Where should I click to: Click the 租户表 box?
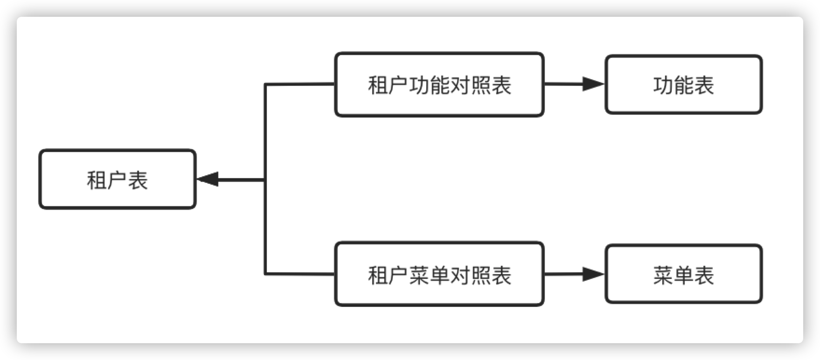coord(117,179)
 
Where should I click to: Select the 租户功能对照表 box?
coord(439,84)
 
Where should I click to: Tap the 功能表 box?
coord(683,84)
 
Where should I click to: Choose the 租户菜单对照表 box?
coord(439,274)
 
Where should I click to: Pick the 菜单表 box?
coord(683,274)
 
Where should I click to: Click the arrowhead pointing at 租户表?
coord(207,179)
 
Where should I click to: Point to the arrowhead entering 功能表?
coord(593,84)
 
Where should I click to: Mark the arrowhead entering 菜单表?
coord(593,274)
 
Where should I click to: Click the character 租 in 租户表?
coord(97,180)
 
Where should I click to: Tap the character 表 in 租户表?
coord(138,180)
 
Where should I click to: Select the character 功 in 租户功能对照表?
coord(419,85)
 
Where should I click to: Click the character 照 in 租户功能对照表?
coord(480,85)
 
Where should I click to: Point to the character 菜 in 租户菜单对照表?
coord(419,275)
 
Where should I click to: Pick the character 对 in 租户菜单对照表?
coord(460,275)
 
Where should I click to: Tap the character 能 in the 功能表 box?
coord(683,85)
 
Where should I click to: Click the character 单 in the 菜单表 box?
coord(683,275)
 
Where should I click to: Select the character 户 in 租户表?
coord(117,180)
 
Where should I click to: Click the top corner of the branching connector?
coord(265,84)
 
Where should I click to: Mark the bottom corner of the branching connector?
coord(265,274)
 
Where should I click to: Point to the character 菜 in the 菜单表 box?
coord(663,275)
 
